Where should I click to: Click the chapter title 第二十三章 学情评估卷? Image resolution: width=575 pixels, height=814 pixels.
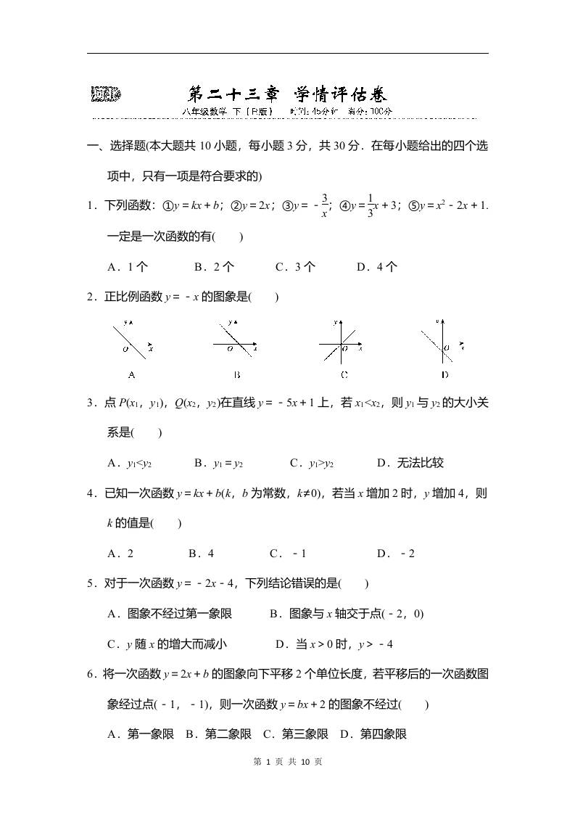point(287,94)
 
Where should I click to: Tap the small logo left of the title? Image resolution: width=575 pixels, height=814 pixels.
point(106,94)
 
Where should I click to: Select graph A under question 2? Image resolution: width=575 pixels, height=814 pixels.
point(131,341)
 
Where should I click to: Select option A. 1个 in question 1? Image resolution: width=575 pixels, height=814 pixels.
point(128,266)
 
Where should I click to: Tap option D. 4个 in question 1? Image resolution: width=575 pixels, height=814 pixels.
point(376,266)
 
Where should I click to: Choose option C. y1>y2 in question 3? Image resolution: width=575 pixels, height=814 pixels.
point(311,463)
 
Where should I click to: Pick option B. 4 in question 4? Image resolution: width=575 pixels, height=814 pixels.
point(201,554)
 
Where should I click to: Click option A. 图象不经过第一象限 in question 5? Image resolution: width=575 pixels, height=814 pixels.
point(170,614)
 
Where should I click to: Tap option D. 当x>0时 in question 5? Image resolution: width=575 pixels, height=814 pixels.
point(334,644)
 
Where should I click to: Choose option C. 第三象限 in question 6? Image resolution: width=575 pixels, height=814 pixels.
point(295,734)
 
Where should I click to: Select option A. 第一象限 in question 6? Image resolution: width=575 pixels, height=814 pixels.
point(141,734)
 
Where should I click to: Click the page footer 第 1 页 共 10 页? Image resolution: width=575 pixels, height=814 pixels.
point(287,761)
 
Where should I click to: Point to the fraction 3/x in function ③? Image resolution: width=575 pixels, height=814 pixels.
point(324,205)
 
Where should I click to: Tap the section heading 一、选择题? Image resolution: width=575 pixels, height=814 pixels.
point(116,146)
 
